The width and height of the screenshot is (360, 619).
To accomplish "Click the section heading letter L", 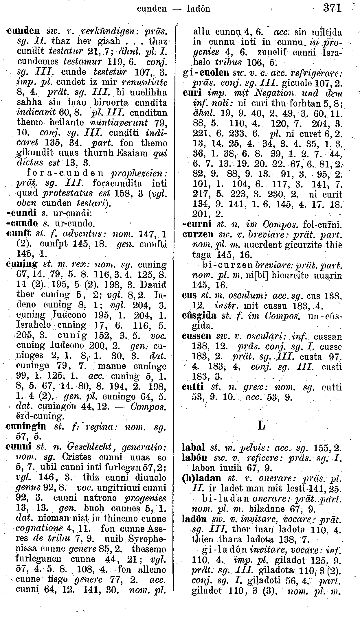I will [x=261, y=426].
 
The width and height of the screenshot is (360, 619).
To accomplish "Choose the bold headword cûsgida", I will [x=199, y=316].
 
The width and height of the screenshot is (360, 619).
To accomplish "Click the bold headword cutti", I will [x=193, y=387].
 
